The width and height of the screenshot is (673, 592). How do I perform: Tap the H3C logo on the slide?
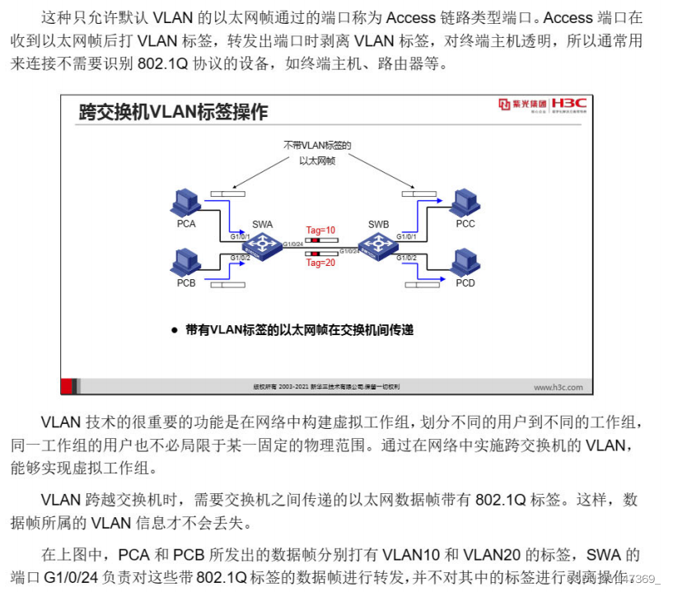coord(568,104)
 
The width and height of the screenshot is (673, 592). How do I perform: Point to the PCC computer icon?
coord(465,203)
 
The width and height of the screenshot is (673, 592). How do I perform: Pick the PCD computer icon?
coord(465,263)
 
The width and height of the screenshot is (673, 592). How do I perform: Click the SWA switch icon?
coord(263,245)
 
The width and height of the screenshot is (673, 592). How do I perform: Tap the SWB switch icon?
coord(378,245)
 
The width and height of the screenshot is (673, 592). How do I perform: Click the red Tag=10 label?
coord(320,231)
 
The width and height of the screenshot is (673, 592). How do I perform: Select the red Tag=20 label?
coord(320,263)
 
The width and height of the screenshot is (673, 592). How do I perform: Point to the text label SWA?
coord(262,224)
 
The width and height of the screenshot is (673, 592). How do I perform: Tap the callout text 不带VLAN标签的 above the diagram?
coord(317,146)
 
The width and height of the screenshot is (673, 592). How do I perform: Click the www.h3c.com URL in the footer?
coord(558,387)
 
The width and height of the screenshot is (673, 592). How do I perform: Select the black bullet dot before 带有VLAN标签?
coord(174,330)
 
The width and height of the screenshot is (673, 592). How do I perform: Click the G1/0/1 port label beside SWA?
coord(240,236)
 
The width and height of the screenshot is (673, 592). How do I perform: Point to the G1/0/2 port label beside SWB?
coord(406,258)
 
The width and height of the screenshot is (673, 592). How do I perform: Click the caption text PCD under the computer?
coord(465,283)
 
